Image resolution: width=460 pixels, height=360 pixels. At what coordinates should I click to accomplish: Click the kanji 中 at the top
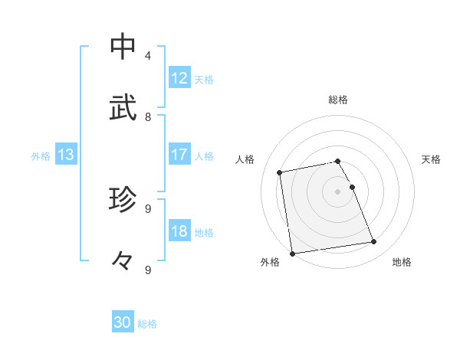(123, 47)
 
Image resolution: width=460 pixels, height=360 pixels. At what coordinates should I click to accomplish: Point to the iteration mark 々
(123, 261)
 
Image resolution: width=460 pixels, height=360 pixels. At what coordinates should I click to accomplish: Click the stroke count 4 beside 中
(148, 55)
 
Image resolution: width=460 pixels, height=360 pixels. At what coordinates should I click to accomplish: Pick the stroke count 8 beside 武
(148, 116)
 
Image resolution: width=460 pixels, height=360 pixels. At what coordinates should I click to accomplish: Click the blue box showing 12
(179, 78)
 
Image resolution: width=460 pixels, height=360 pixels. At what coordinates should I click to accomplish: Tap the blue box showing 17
(179, 155)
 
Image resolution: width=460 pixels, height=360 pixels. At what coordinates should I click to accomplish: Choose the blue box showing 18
(179, 232)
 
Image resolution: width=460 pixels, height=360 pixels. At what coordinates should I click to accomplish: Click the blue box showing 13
(66, 155)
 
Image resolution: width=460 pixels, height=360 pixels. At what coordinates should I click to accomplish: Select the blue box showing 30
(123, 322)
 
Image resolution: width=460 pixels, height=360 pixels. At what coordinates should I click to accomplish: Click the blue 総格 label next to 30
(147, 324)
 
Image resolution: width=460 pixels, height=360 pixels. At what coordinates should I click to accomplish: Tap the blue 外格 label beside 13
(41, 156)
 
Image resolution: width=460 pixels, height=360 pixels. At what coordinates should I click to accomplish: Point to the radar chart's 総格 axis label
(338, 100)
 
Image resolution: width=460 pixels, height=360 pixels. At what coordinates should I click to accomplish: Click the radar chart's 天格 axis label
(431, 159)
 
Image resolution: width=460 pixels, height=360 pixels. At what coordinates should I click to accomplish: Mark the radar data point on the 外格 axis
(292, 253)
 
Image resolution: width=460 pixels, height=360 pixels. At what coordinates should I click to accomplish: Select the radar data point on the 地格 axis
(374, 242)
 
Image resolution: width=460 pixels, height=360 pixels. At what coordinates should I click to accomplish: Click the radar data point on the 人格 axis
(281, 172)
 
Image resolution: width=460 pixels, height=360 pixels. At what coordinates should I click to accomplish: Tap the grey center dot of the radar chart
(338, 191)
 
